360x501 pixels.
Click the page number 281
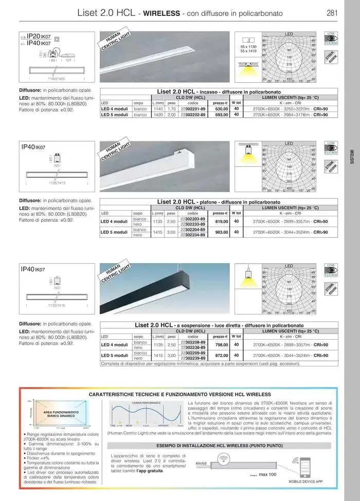[332, 13]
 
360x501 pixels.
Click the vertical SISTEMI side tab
[352, 156]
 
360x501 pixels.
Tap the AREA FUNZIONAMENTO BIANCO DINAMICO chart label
[61, 414]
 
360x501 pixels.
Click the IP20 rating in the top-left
[34, 38]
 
